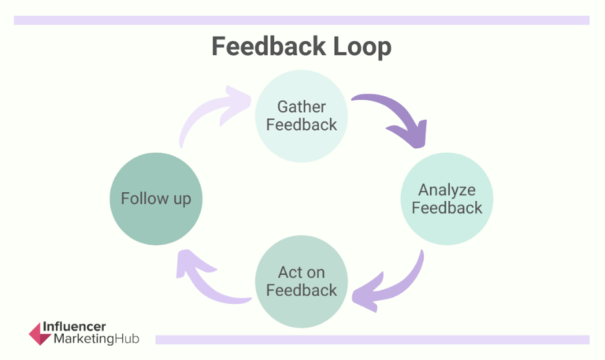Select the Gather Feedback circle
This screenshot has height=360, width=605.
point(301,116)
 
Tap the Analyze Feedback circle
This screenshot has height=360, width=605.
point(447,199)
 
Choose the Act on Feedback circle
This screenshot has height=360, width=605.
point(301,281)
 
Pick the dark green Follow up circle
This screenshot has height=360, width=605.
point(156,199)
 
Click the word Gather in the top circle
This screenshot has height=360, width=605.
point(301,106)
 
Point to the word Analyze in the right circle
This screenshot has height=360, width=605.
point(447,189)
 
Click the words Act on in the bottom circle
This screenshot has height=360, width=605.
point(301,272)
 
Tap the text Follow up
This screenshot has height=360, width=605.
point(156,199)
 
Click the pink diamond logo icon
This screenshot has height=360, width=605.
point(40,332)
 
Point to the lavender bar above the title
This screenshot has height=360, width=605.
point(302,20)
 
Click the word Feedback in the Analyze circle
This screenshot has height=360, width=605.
point(447,208)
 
